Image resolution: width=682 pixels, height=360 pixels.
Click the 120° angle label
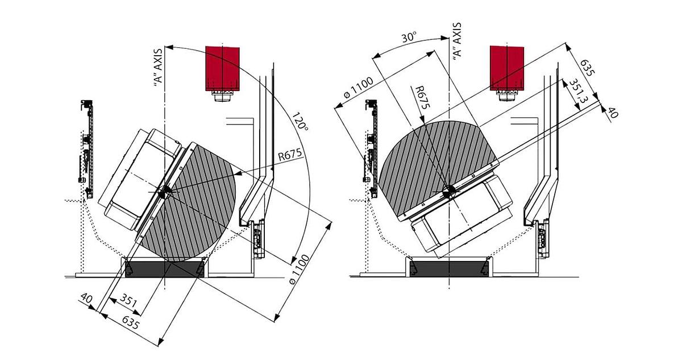300,122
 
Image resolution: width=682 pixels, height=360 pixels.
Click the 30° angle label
409,38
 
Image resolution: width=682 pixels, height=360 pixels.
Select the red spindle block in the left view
222,68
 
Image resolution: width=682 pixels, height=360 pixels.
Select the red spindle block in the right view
507,68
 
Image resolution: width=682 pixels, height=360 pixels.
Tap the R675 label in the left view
290,155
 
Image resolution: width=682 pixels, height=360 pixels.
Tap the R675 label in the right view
423,97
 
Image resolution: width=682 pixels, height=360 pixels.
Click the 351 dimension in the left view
128,300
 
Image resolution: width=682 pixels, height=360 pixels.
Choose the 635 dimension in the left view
131,322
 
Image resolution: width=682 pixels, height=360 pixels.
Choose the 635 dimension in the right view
587,68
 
